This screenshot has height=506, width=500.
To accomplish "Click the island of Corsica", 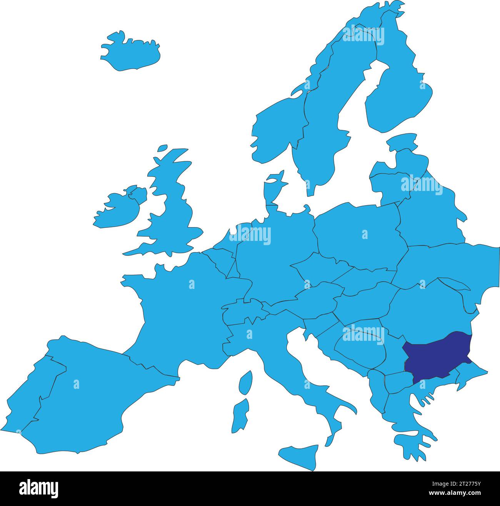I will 245,382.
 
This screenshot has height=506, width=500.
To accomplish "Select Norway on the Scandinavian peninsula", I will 277,127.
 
